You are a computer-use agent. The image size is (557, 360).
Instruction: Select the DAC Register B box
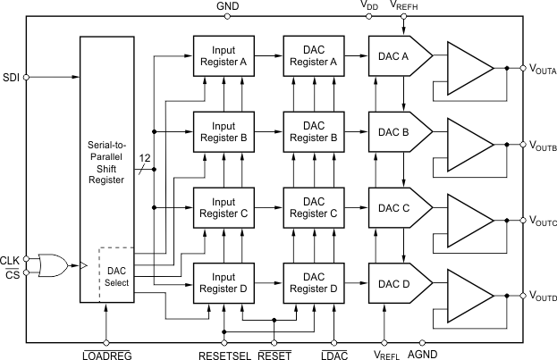(x=313, y=131)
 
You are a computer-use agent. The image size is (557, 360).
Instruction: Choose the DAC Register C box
(x=313, y=207)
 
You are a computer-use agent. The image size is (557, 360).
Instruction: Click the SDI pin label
(x=12, y=77)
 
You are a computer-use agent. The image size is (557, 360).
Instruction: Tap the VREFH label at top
(x=406, y=7)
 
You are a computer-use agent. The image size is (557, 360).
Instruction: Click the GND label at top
(x=227, y=6)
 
